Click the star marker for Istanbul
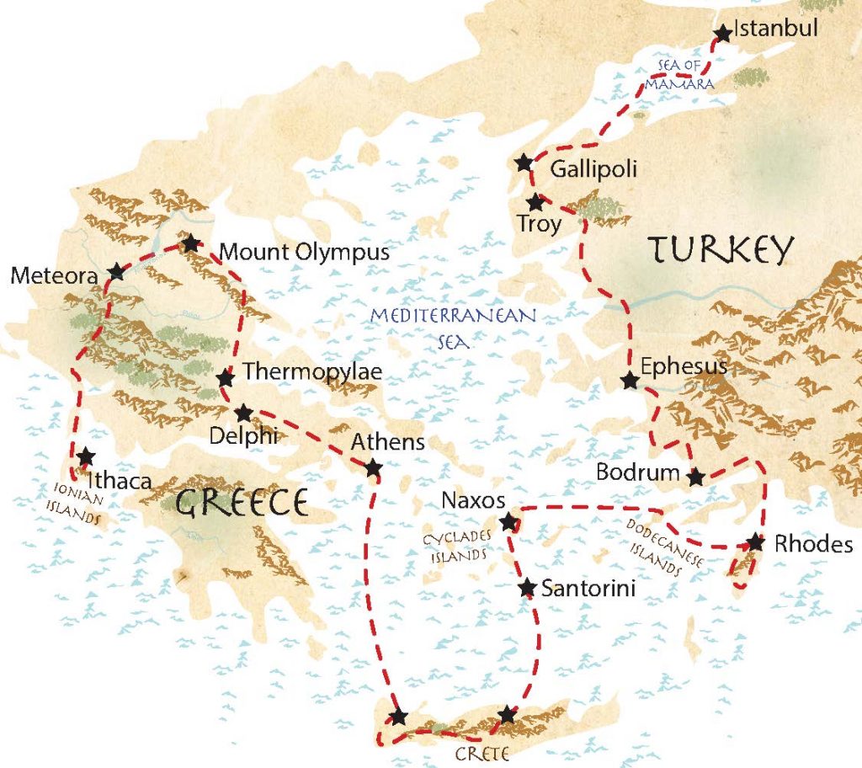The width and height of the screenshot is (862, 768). (x=722, y=34)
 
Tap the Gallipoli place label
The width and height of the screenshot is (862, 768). (x=593, y=170)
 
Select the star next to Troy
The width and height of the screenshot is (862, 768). (x=535, y=202)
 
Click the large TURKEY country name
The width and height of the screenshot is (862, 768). (x=721, y=249)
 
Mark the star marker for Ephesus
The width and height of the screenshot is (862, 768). (x=629, y=381)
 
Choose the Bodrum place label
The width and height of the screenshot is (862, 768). (x=637, y=472)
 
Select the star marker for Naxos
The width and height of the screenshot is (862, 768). (x=508, y=523)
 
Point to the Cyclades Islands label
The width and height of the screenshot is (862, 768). (x=455, y=547)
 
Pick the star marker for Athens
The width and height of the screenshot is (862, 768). (x=373, y=467)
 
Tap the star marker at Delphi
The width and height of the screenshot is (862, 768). (x=243, y=413)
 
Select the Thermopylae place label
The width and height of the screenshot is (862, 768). (x=312, y=371)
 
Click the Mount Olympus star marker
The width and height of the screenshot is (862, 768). (x=191, y=243)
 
